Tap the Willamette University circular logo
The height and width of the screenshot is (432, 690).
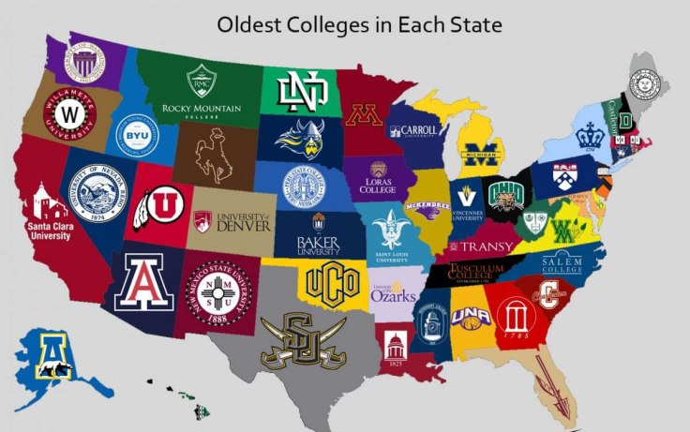coord(68,117)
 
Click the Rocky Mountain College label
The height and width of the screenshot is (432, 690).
coord(201,112)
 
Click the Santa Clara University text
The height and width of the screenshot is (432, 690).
coord(50,230)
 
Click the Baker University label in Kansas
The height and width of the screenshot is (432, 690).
coord(317,246)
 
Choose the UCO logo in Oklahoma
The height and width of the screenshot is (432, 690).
coord(330,281)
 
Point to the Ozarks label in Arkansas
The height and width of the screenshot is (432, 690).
coord(393,294)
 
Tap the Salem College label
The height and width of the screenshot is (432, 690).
coord(562,261)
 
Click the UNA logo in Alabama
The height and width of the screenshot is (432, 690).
coord(471,318)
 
